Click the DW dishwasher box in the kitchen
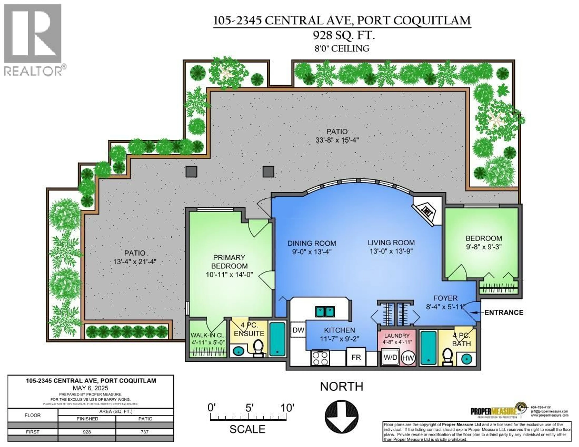pos(298,330)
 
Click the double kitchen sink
pos(325,312)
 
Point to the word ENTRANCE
pos(504,313)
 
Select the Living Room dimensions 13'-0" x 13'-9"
pos(391,251)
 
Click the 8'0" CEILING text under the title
pos(342,49)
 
